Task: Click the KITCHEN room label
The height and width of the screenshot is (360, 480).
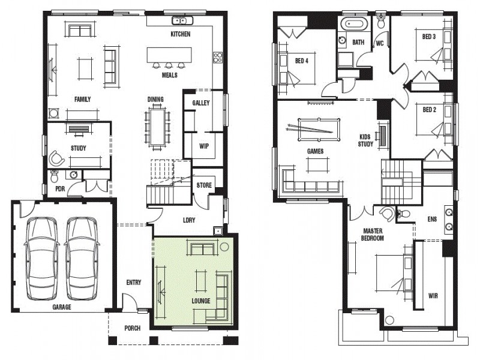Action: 180,34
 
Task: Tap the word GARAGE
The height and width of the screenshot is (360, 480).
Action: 61,307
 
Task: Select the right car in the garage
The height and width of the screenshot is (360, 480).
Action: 81,258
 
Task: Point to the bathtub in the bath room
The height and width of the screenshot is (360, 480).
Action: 353,25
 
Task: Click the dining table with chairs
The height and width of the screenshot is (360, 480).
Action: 158,125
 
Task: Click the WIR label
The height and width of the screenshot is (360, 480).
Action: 433,296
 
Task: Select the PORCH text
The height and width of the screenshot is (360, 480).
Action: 132,328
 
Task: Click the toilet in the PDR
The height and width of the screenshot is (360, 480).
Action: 55,176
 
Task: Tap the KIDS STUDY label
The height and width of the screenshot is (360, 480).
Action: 365,140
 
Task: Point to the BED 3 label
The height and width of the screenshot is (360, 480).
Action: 428,37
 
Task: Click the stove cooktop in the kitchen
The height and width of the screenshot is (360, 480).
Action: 217,58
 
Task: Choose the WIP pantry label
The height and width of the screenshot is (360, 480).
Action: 203,145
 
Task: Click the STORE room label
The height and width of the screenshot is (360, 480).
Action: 204,185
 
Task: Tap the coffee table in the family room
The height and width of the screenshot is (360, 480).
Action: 84,67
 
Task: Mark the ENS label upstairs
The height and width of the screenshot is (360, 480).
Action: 432,219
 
